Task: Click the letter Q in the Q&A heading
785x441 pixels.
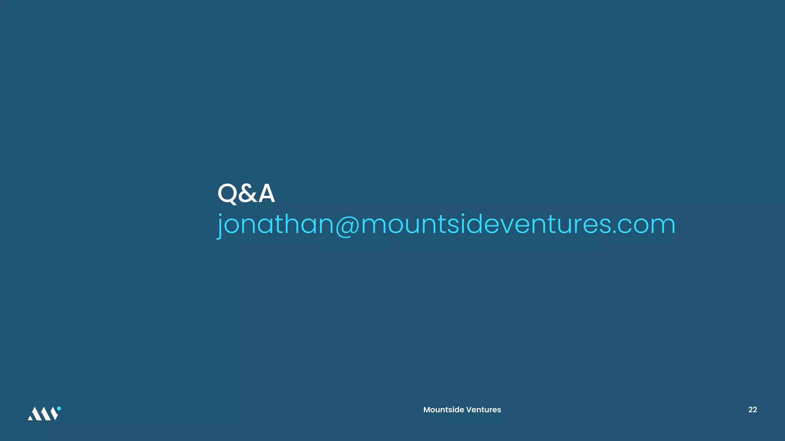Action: (228, 193)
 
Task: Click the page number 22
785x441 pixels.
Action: (752, 410)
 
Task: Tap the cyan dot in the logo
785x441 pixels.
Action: (59, 408)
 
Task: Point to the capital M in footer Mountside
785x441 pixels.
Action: (427, 410)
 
